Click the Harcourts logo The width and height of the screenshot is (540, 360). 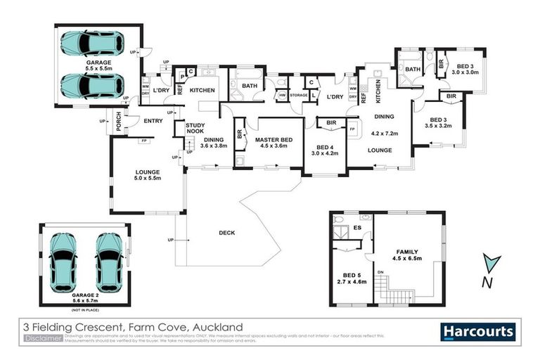(x=478, y=331)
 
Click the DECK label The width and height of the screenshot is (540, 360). (x=226, y=233)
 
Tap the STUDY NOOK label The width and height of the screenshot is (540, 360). (x=195, y=128)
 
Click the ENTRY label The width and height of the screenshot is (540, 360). (x=153, y=121)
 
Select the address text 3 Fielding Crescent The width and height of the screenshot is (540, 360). (x=77, y=327)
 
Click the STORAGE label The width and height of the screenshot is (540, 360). (x=299, y=95)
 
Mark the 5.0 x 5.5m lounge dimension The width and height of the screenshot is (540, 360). (x=148, y=179)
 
